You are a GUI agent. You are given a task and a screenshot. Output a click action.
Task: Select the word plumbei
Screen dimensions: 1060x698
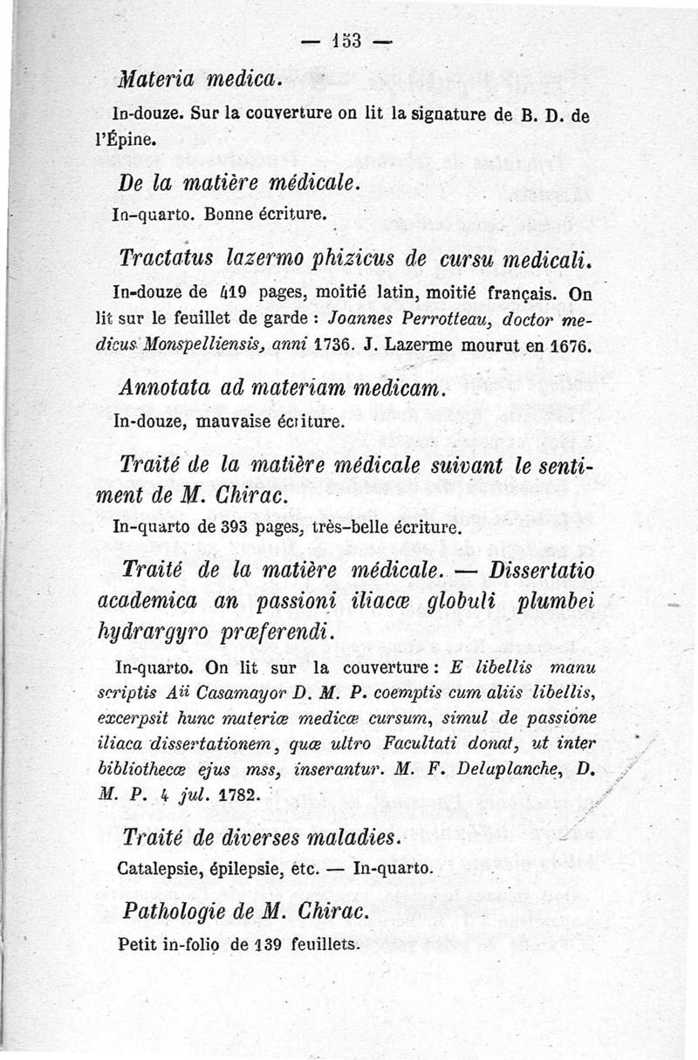[x=549, y=603]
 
